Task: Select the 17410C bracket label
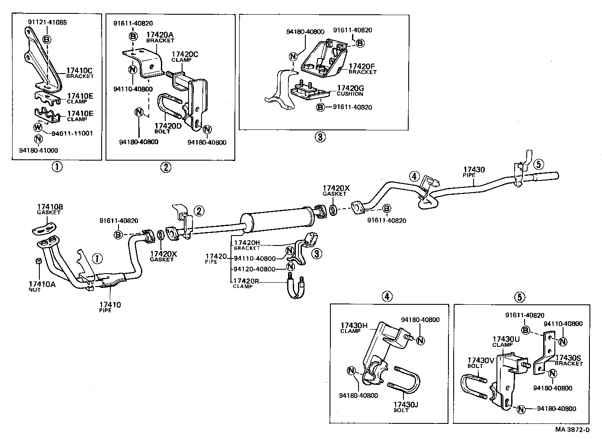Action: coord(80,72)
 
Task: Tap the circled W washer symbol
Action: coord(38,127)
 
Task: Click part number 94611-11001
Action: coord(72,133)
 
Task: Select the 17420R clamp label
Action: coord(245,283)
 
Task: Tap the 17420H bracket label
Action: coord(247,245)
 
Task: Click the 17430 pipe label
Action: coord(474,172)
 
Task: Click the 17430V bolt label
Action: coord(480,362)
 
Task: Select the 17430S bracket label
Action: coord(568,360)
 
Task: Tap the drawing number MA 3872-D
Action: coord(573,429)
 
